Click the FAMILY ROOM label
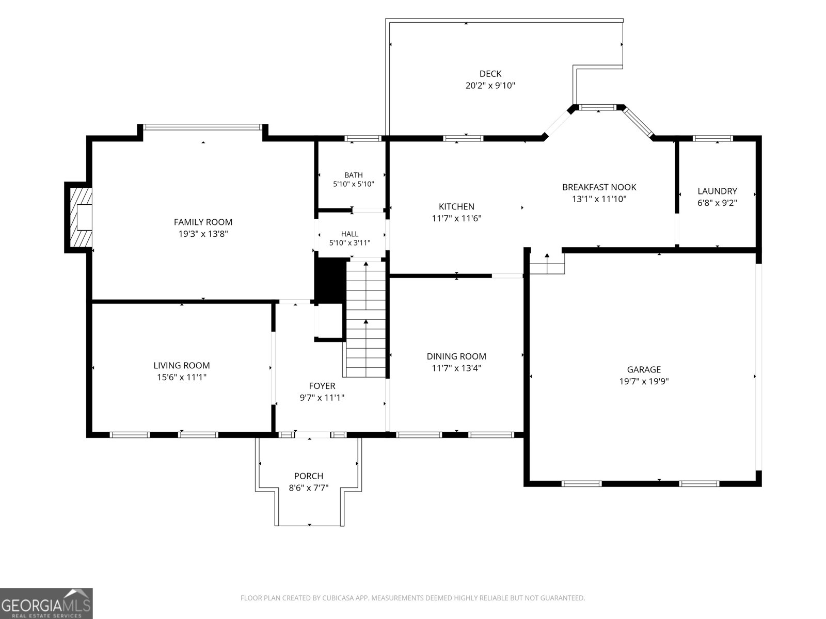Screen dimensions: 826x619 pos(203,222)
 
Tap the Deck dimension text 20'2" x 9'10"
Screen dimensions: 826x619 pos(490,85)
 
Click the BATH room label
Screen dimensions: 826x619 pos(353,175)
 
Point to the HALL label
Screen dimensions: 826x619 pos(350,234)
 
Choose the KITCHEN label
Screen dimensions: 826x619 pos(456,206)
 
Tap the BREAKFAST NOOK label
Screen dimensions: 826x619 pos(599,187)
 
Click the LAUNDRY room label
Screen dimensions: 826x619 pos(717,191)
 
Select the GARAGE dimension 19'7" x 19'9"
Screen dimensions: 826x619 pos(643,381)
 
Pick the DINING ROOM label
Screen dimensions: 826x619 pos(456,356)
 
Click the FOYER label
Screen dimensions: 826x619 pos(322,386)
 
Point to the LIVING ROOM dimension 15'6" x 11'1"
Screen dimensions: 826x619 pos(181,377)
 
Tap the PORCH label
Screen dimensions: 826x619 pos(309,476)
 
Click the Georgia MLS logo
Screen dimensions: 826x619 pos(46,604)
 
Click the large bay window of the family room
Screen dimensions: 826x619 pos(203,127)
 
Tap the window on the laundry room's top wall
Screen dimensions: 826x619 pos(712,138)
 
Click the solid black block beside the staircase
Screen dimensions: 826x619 pos(330,280)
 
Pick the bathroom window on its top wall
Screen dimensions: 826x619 pos(363,138)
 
